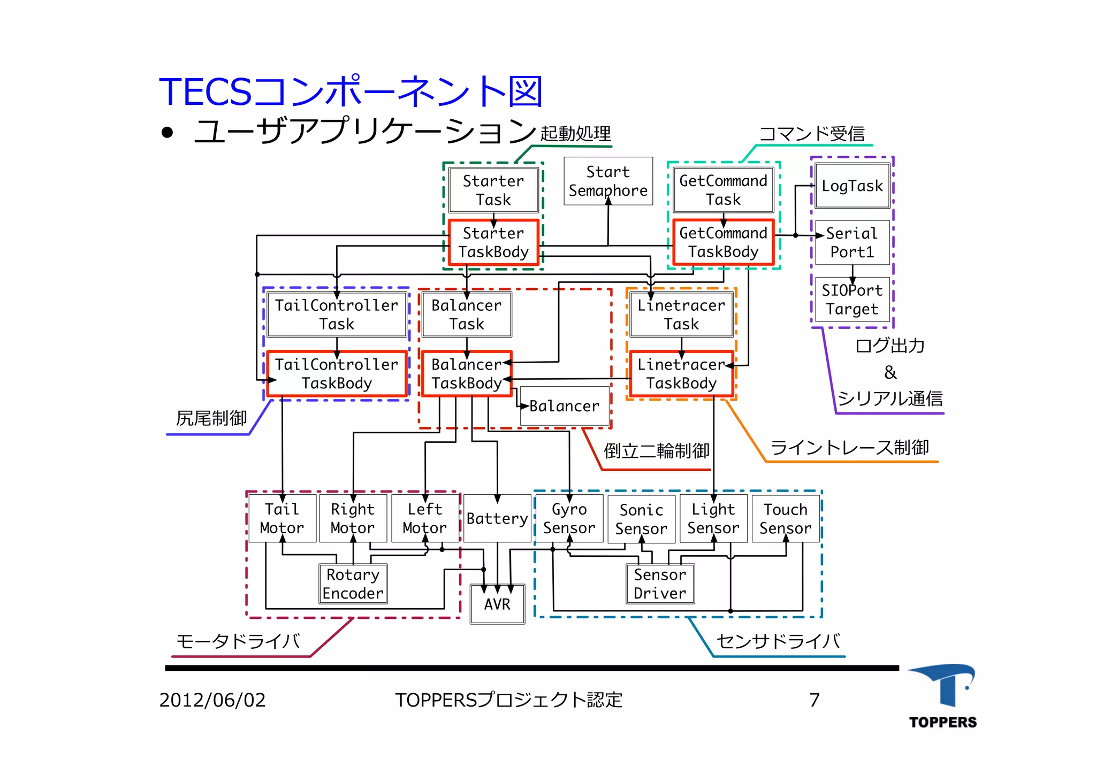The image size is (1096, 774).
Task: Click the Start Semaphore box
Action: [x=608, y=181]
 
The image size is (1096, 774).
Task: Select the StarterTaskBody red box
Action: [x=493, y=242]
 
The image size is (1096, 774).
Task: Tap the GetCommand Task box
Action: [x=723, y=190]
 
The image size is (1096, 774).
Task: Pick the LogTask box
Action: [x=852, y=186]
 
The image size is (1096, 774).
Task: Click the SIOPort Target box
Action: [x=852, y=300]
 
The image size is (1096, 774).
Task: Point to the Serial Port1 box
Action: [x=852, y=242]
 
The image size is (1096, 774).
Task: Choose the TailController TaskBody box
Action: [x=337, y=374]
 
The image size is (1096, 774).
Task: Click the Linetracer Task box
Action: [x=681, y=315]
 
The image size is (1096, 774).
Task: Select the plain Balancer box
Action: [x=565, y=407]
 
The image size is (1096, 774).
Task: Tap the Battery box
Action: [x=497, y=519]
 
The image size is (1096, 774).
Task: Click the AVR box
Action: [x=497, y=604]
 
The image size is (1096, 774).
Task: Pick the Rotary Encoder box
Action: [x=353, y=584]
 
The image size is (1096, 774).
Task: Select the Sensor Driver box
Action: [x=660, y=584]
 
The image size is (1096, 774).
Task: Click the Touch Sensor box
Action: [x=785, y=519]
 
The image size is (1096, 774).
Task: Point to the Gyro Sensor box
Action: [x=569, y=519]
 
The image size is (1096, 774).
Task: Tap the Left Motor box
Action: [x=425, y=519]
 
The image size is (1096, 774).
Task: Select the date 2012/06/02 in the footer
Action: [x=212, y=700]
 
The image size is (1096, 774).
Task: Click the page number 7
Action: [x=814, y=700]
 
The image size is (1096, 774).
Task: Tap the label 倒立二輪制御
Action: [x=656, y=451]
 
